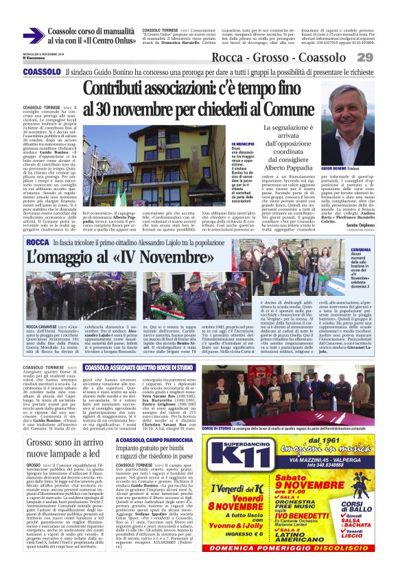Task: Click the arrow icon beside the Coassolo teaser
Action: (x=34, y=35)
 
